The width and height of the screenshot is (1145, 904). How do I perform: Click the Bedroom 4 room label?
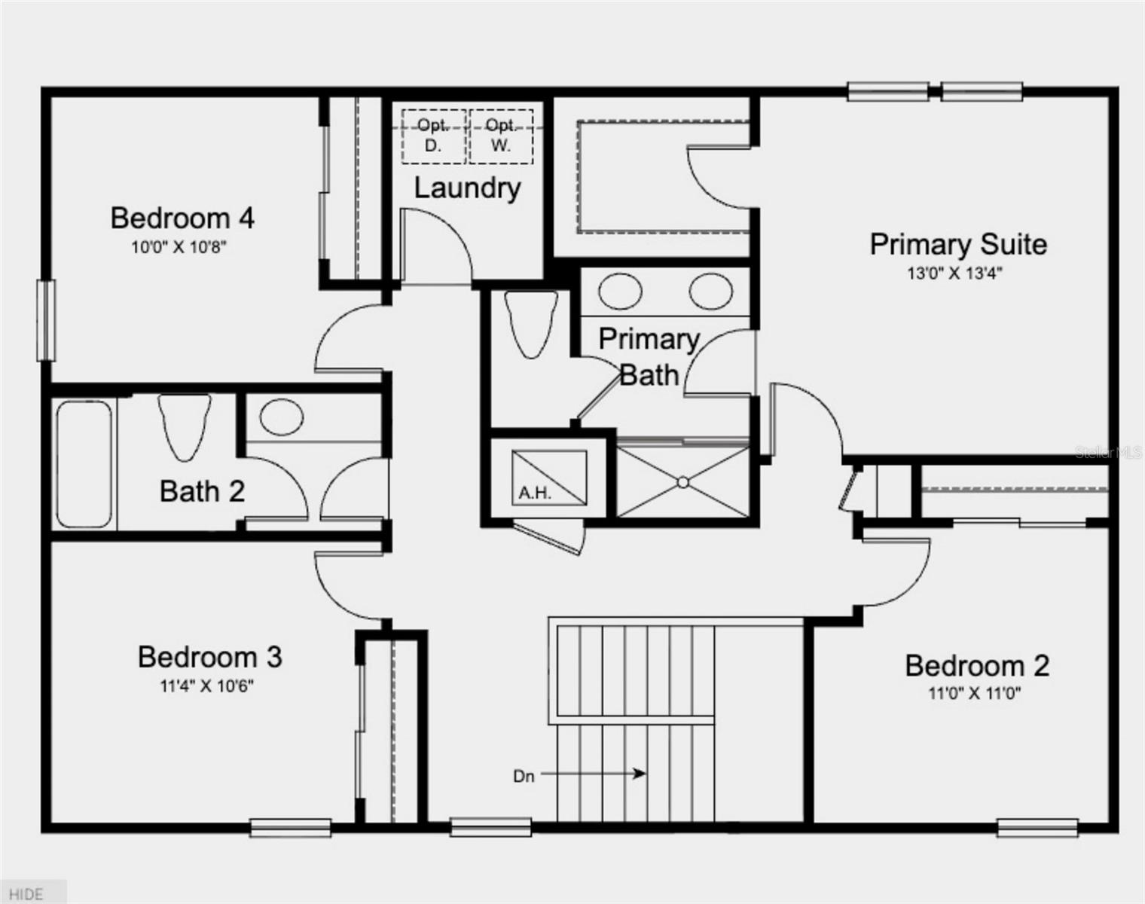coord(182,218)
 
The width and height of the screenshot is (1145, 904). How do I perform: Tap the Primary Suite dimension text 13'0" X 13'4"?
coord(954,273)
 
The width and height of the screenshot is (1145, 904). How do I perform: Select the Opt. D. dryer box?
coord(434,136)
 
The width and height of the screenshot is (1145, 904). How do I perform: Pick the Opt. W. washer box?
coord(501,136)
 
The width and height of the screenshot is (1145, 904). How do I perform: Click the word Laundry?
coord(467,188)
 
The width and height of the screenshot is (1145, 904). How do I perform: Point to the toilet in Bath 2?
coord(184,426)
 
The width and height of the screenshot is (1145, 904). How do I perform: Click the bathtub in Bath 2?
coord(84,464)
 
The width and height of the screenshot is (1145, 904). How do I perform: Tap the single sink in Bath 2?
coord(282,417)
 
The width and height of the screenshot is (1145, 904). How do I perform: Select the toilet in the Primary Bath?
coord(531,324)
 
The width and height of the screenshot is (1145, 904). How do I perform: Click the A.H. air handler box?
coord(549,478)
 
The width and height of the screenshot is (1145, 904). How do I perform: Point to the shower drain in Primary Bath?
coord(683,482)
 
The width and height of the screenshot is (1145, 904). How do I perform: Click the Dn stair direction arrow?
coord(594,773)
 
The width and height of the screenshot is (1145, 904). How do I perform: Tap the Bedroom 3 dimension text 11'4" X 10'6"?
coord(206,686)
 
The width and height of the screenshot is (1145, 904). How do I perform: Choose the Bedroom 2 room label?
coord(978,666)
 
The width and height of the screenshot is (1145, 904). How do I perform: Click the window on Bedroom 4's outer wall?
coord(46,321)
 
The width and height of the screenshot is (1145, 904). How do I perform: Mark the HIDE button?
coord(26,894)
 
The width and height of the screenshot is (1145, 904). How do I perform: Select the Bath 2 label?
coord(202,491)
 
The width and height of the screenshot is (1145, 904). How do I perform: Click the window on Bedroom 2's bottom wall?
coord(1037,828)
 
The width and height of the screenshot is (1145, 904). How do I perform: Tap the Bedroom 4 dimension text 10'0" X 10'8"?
coord(179,247)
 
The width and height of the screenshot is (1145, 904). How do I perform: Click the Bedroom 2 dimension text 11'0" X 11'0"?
coord(975,694)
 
